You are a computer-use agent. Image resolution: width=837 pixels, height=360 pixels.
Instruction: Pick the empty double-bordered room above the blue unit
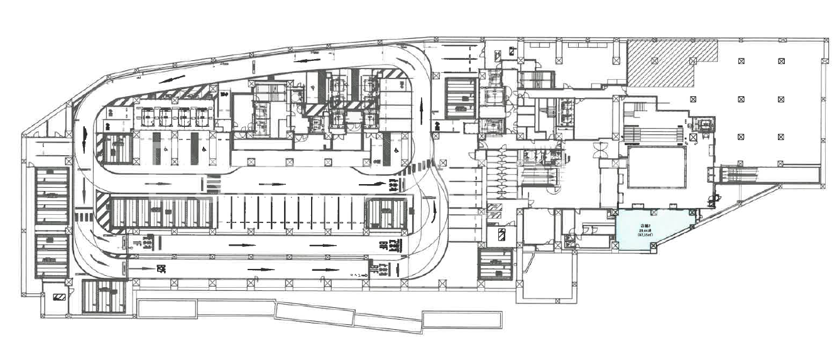point(655,168)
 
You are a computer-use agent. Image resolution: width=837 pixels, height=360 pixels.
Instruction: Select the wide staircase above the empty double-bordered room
point(654,133)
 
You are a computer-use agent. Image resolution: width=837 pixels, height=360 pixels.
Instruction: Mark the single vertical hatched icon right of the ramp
point(502,236)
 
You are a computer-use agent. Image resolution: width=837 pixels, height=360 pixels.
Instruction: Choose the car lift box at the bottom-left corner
point(104,295)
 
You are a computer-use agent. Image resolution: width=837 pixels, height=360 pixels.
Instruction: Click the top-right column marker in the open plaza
point(781,61)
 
